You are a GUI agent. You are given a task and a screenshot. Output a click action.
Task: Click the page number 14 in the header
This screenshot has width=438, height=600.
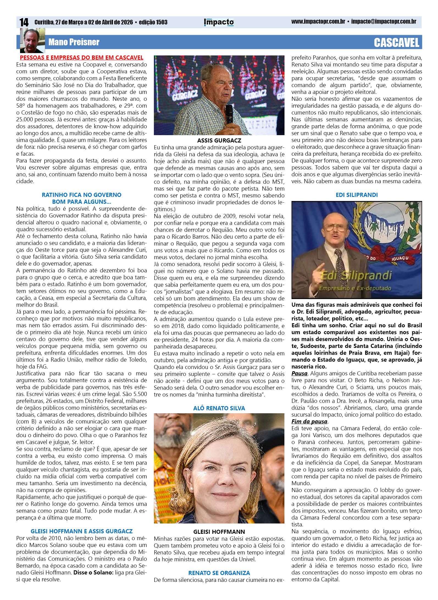[x=24, y=22]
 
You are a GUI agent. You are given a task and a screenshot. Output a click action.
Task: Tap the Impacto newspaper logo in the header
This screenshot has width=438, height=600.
[x=219, y=22]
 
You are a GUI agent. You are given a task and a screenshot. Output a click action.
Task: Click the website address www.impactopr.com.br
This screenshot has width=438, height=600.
[x=318, y=22]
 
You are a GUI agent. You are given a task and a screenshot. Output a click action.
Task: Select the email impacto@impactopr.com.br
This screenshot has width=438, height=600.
[x=384, y=22]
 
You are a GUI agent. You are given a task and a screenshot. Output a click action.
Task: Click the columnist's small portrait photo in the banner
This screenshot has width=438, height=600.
[x=32, y=41]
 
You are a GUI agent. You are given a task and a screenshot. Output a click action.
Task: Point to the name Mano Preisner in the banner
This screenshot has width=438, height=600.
[x=74, y=42]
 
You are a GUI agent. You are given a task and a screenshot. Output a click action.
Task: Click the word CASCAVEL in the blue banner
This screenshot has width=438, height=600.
[x=396, y=43]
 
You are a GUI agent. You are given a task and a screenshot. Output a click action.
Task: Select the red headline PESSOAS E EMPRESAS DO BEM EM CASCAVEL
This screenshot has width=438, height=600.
[x=81, y=58]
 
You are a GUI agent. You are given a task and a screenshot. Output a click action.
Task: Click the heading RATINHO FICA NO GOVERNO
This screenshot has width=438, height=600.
[x=81, y=195]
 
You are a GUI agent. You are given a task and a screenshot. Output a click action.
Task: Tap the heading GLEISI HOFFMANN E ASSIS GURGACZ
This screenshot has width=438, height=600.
[x=81, y=531]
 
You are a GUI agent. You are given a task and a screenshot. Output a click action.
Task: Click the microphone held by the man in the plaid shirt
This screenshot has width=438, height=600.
[x=229, y=113]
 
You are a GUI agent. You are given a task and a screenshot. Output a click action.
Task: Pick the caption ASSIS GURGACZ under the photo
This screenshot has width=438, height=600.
[x=219, y=140]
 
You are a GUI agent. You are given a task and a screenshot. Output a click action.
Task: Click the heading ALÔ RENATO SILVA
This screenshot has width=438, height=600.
[x=219, y=408]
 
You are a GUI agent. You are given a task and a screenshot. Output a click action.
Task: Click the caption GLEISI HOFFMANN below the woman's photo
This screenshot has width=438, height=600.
[x=219, y=532]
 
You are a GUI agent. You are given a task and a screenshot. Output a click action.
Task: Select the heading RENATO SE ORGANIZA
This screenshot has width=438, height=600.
[x=219, y=573]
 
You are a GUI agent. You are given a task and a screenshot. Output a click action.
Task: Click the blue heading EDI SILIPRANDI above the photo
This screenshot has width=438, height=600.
[x=357, y=195]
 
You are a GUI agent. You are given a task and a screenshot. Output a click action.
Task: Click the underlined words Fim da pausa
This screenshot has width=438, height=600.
[x=309, y=422]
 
